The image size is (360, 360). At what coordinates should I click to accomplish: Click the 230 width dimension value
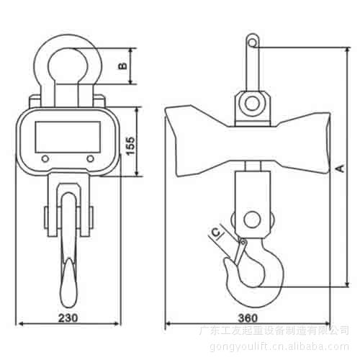(x=68, y=318)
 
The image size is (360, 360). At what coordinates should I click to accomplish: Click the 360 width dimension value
(x=248, y=318)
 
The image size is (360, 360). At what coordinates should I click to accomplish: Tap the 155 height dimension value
(x=130, y=146)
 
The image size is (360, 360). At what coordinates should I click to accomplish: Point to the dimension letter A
(x=341, y=168)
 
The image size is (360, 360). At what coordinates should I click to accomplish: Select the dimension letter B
(x=123, y=66)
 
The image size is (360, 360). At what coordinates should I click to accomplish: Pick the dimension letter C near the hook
(x=216, y=233)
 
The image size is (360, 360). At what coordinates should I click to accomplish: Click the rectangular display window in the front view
(x=68, y=137)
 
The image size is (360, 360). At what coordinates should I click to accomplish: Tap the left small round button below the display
(x=45, y=158)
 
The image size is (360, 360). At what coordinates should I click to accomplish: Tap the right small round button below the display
(x=90, y=158)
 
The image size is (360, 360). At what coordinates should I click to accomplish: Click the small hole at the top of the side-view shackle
(x=252, y=43)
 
